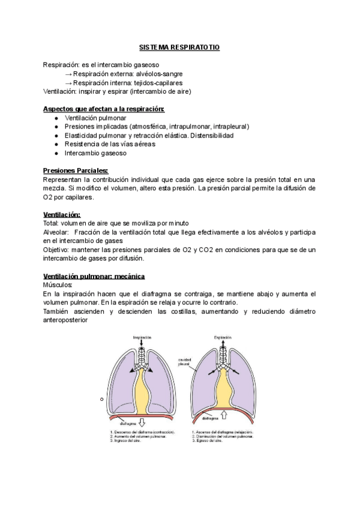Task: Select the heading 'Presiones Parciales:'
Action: [x=76, y=171]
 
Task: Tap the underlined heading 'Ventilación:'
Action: [x=62, y=214]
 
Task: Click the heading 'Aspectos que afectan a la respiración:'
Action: [x=104, y=109]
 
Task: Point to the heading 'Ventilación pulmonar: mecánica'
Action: [x=94, y=276]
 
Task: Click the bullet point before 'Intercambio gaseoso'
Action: [x=56, y=153]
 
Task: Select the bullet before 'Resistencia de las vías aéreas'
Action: [x=56, y=144]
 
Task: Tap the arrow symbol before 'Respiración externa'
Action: [x=68, y=74]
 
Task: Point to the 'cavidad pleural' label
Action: [x=184, y=362]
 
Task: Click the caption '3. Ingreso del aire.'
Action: [x=127, y=441]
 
